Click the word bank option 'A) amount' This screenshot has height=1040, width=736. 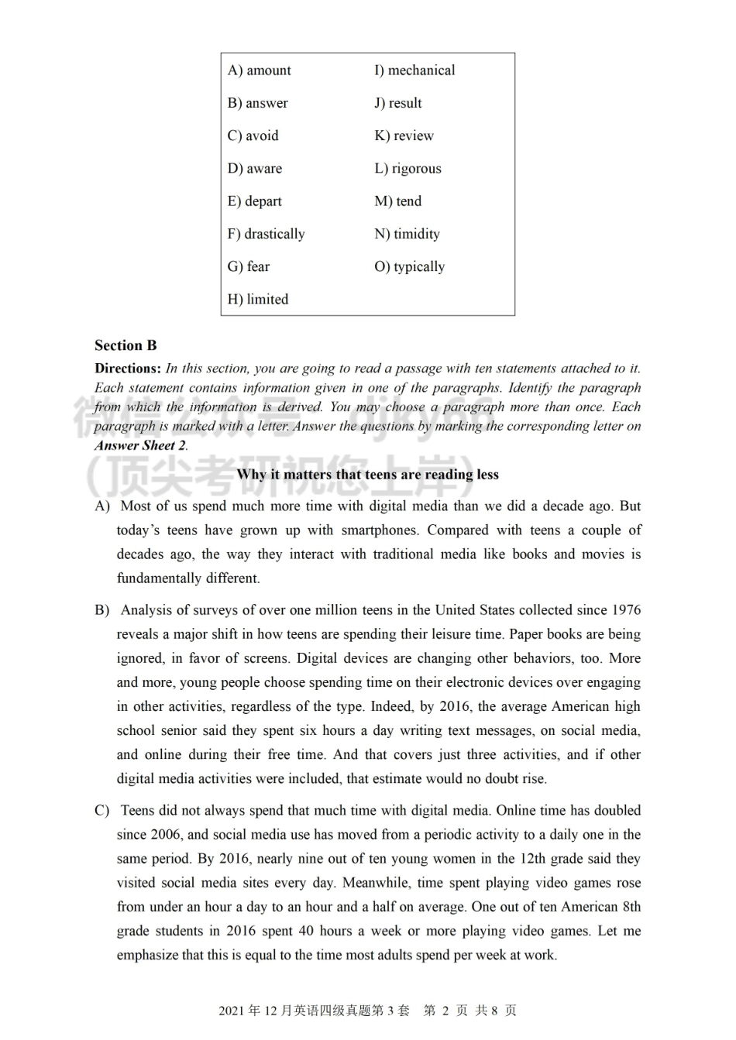(259, 70)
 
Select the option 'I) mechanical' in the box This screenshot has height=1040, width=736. (414, 70)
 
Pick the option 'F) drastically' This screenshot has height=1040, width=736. (266, 234)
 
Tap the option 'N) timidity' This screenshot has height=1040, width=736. (407, 234)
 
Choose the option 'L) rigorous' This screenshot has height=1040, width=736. (408, 169)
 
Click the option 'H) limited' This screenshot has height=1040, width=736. (257, 300)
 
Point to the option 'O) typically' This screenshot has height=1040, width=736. (409, 267)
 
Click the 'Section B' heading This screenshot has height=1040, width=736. (126, 345)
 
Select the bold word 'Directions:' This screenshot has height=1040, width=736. (128, 369)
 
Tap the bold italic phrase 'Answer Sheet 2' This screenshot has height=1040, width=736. (140, 445)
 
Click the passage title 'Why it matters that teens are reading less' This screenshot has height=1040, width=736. (367, 475)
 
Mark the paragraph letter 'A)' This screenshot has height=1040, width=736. (102, 506)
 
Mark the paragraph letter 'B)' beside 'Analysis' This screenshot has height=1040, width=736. (102, 610)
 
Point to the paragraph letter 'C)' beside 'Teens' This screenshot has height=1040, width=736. (102, 811)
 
